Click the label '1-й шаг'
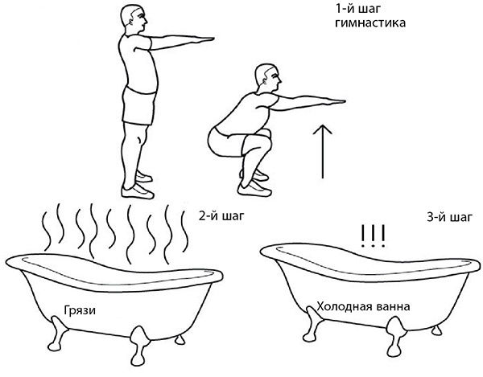(358, 9)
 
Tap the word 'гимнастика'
(370, 23)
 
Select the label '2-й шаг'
(221, 216)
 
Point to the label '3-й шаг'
(449, 217)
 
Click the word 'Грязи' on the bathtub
(80, 310)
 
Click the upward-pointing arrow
(322, 151)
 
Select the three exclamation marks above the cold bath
(373, 236)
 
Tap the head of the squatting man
(267, 78)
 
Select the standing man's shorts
(139, 105)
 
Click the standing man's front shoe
(138, 191)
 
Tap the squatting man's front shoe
(254, 188)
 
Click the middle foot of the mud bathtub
(139, 342)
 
